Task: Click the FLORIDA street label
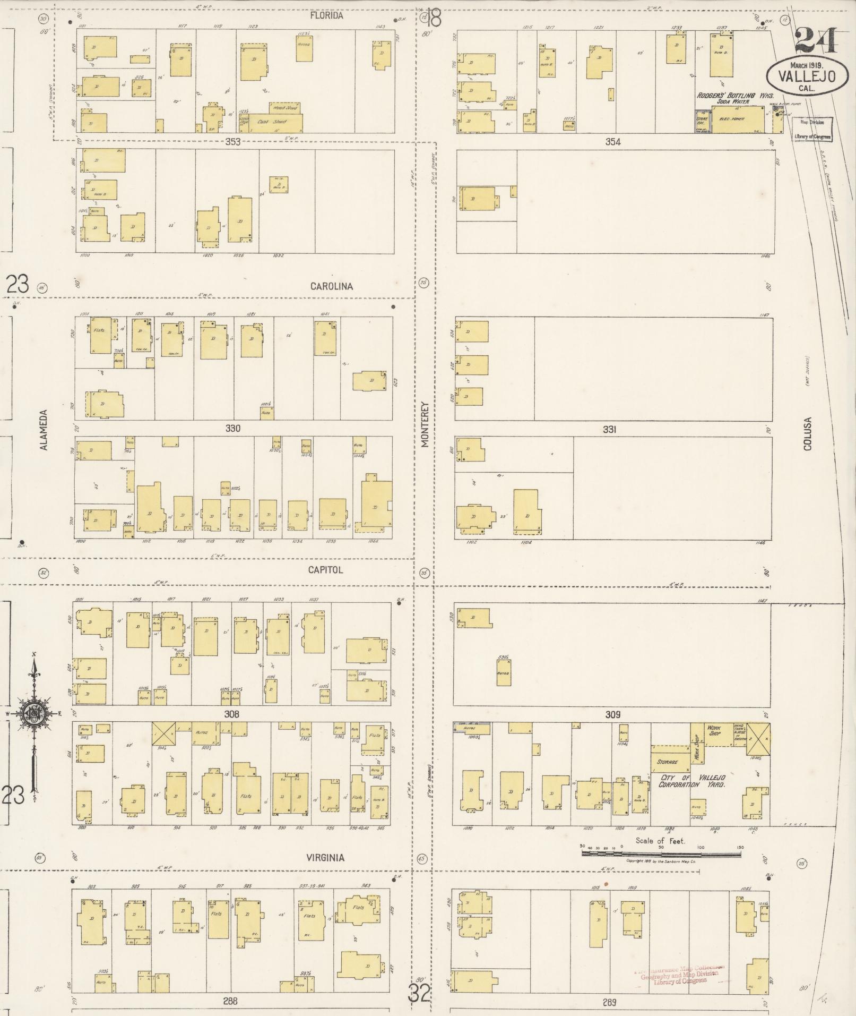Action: pyautogui.click(x=326, y=16)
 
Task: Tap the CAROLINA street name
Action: pyautogui.click(x=331, y=286)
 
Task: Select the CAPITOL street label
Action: pyautogui.click(x=325, y=570)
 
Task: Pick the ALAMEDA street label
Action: pyautogui.click(x=44, y=430)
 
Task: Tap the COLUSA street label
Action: pyautogui.click(x=807, y=433)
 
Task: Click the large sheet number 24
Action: pyautogui.click(x=816, y=40)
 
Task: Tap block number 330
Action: pyautogui.click(x=232, y=428)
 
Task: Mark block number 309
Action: pyautogui.click(x=612, y=715)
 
